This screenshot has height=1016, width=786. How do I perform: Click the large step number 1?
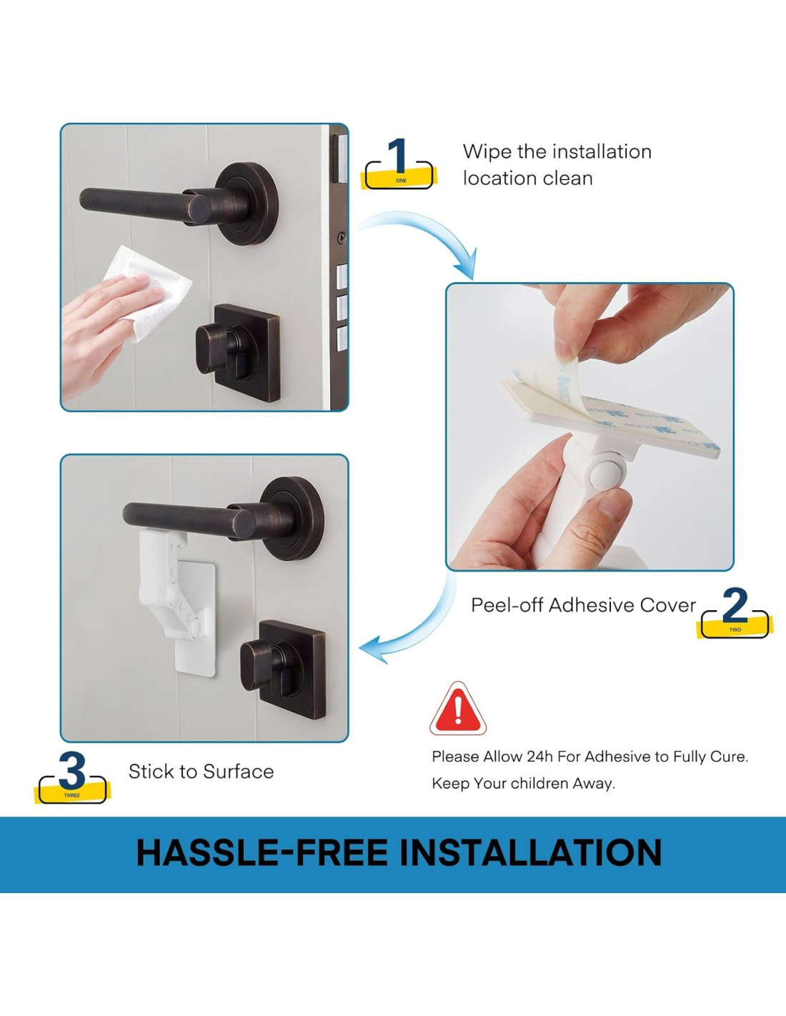[399, 155]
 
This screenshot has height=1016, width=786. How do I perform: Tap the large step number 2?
[735, 605]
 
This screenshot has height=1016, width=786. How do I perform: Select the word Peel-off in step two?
[507, 605]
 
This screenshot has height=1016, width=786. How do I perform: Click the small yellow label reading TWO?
[735, 629]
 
